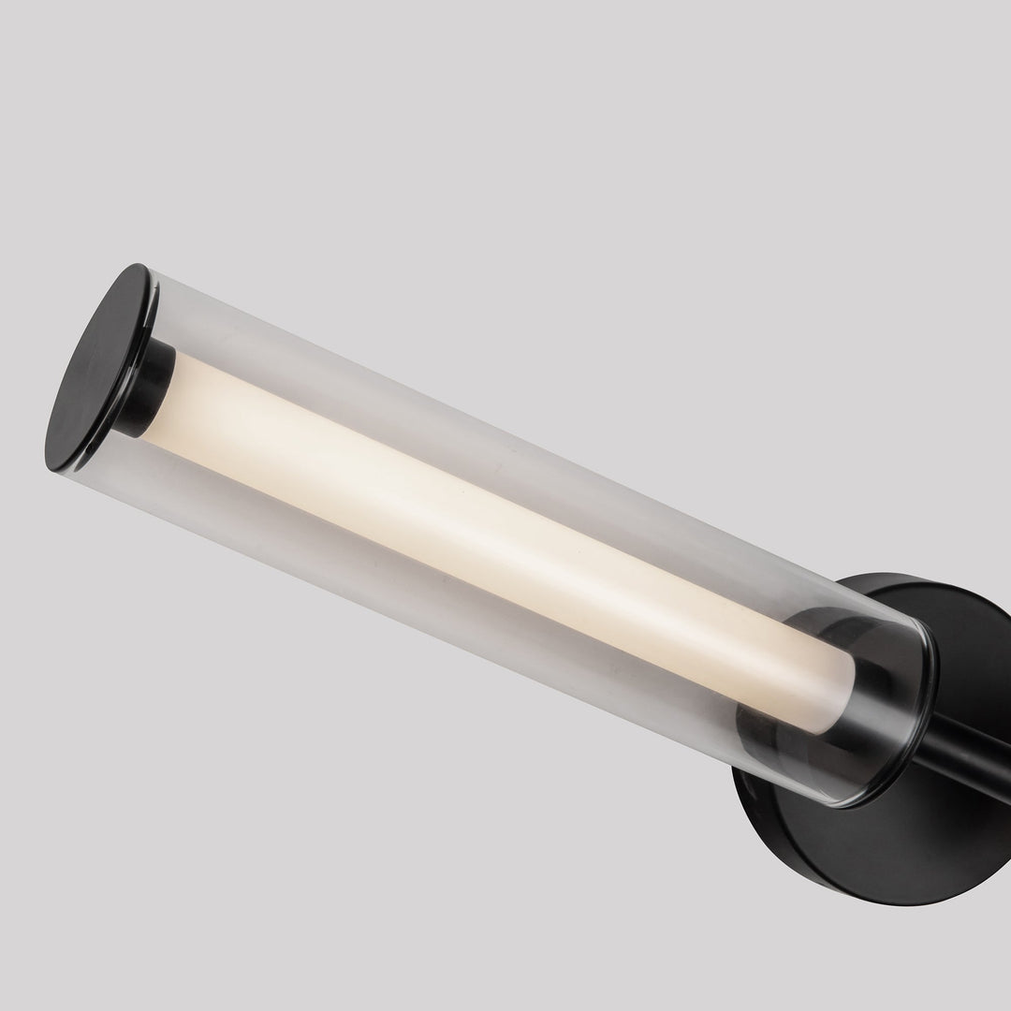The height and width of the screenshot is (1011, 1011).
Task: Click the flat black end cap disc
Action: point(98,370)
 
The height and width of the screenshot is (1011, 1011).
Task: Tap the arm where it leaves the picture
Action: point(1002,786)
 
